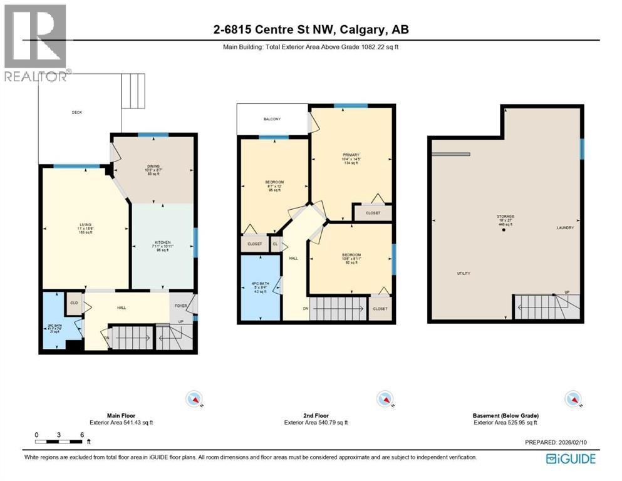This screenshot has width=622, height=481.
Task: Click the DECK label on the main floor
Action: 76,113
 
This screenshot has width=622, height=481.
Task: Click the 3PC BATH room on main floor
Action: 51,328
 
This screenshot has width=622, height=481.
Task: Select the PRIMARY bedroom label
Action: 350,155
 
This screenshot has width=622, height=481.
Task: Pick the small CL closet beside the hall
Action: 276,244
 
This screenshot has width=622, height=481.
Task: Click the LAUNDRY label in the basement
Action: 565,228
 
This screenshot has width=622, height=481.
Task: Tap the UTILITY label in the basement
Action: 464,274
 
